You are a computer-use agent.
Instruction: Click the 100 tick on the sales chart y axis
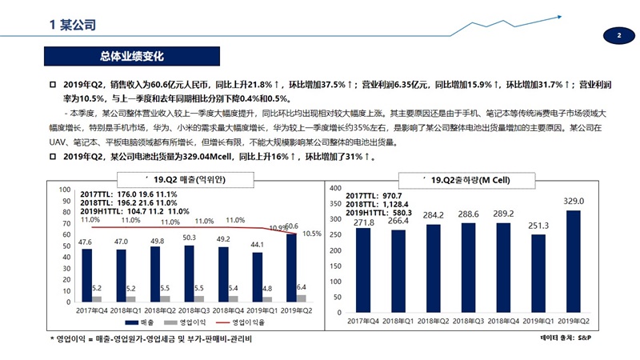tap(62, 189)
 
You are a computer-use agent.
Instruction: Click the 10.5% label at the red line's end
tap(312, 234)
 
